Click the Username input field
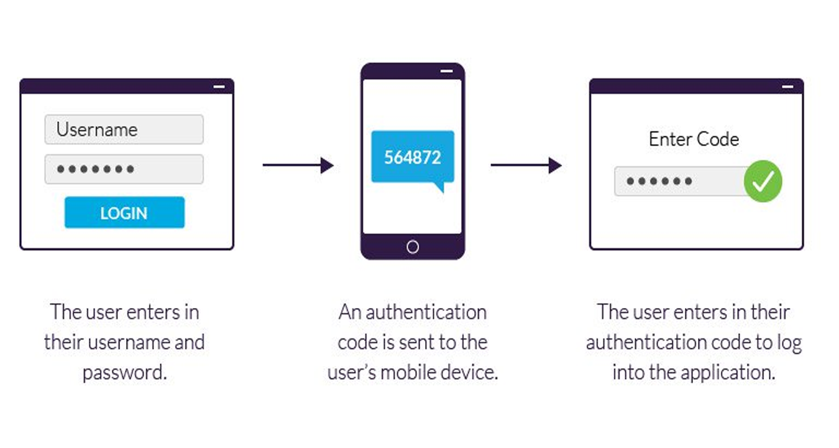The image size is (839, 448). [x=124, y=129]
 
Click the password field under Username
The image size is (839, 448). [x=124, y=169]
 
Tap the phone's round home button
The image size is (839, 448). [x=413, y=247]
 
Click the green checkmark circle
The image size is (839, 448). [x=763, y=181]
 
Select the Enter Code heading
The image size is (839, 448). [x=694, y=139]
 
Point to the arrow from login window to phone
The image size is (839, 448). [x=298, y=165]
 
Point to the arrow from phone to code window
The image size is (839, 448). [x=526, y=165]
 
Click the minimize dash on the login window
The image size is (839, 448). [x=219, y=86]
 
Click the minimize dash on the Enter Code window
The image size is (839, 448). [x=787, y=86]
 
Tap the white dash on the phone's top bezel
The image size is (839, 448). [x=446, y=71]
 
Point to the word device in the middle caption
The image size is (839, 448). [x=466, y=372]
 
